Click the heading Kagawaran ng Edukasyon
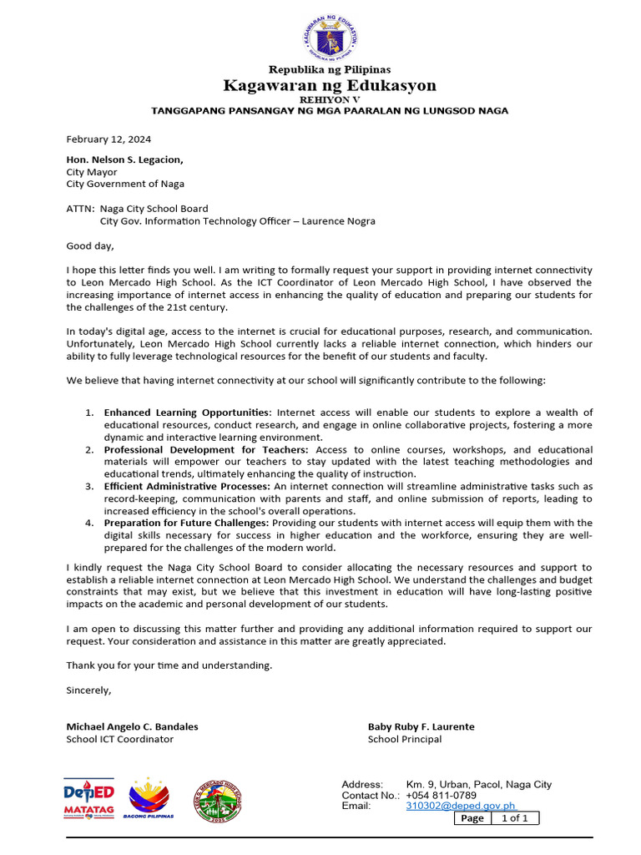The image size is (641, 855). pyautogui.click(x=329, y=86)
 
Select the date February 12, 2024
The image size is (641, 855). pyautogui.click(x=109, y=139)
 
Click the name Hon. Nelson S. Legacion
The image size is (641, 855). pyautogui.click(x=124, y=159)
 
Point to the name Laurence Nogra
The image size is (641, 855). pyautogui.click(x=338, y=221)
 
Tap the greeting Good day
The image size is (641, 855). pyautogui.click(x=89, y=245)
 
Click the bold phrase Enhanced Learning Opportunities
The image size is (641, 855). pyautogui.click(x=187, y=412)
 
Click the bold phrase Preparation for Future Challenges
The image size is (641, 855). pyautogui.click(x=186, y=523)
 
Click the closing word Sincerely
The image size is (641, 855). pyautogui.click(x=88, y=690)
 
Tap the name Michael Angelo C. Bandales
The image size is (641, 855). pyautogui.click(x=132, y=726)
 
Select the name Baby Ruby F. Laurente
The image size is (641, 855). pyautogui.click(x=421, y=726)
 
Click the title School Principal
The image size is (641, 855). pyautogui.click(x=405, y=739)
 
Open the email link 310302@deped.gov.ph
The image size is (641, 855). pyautogui.click(x=460, y=807)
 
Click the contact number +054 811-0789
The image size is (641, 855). pyautogui.click(x=441, y=796)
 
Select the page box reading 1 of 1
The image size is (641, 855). pyautogui.click(x=514, y=818)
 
